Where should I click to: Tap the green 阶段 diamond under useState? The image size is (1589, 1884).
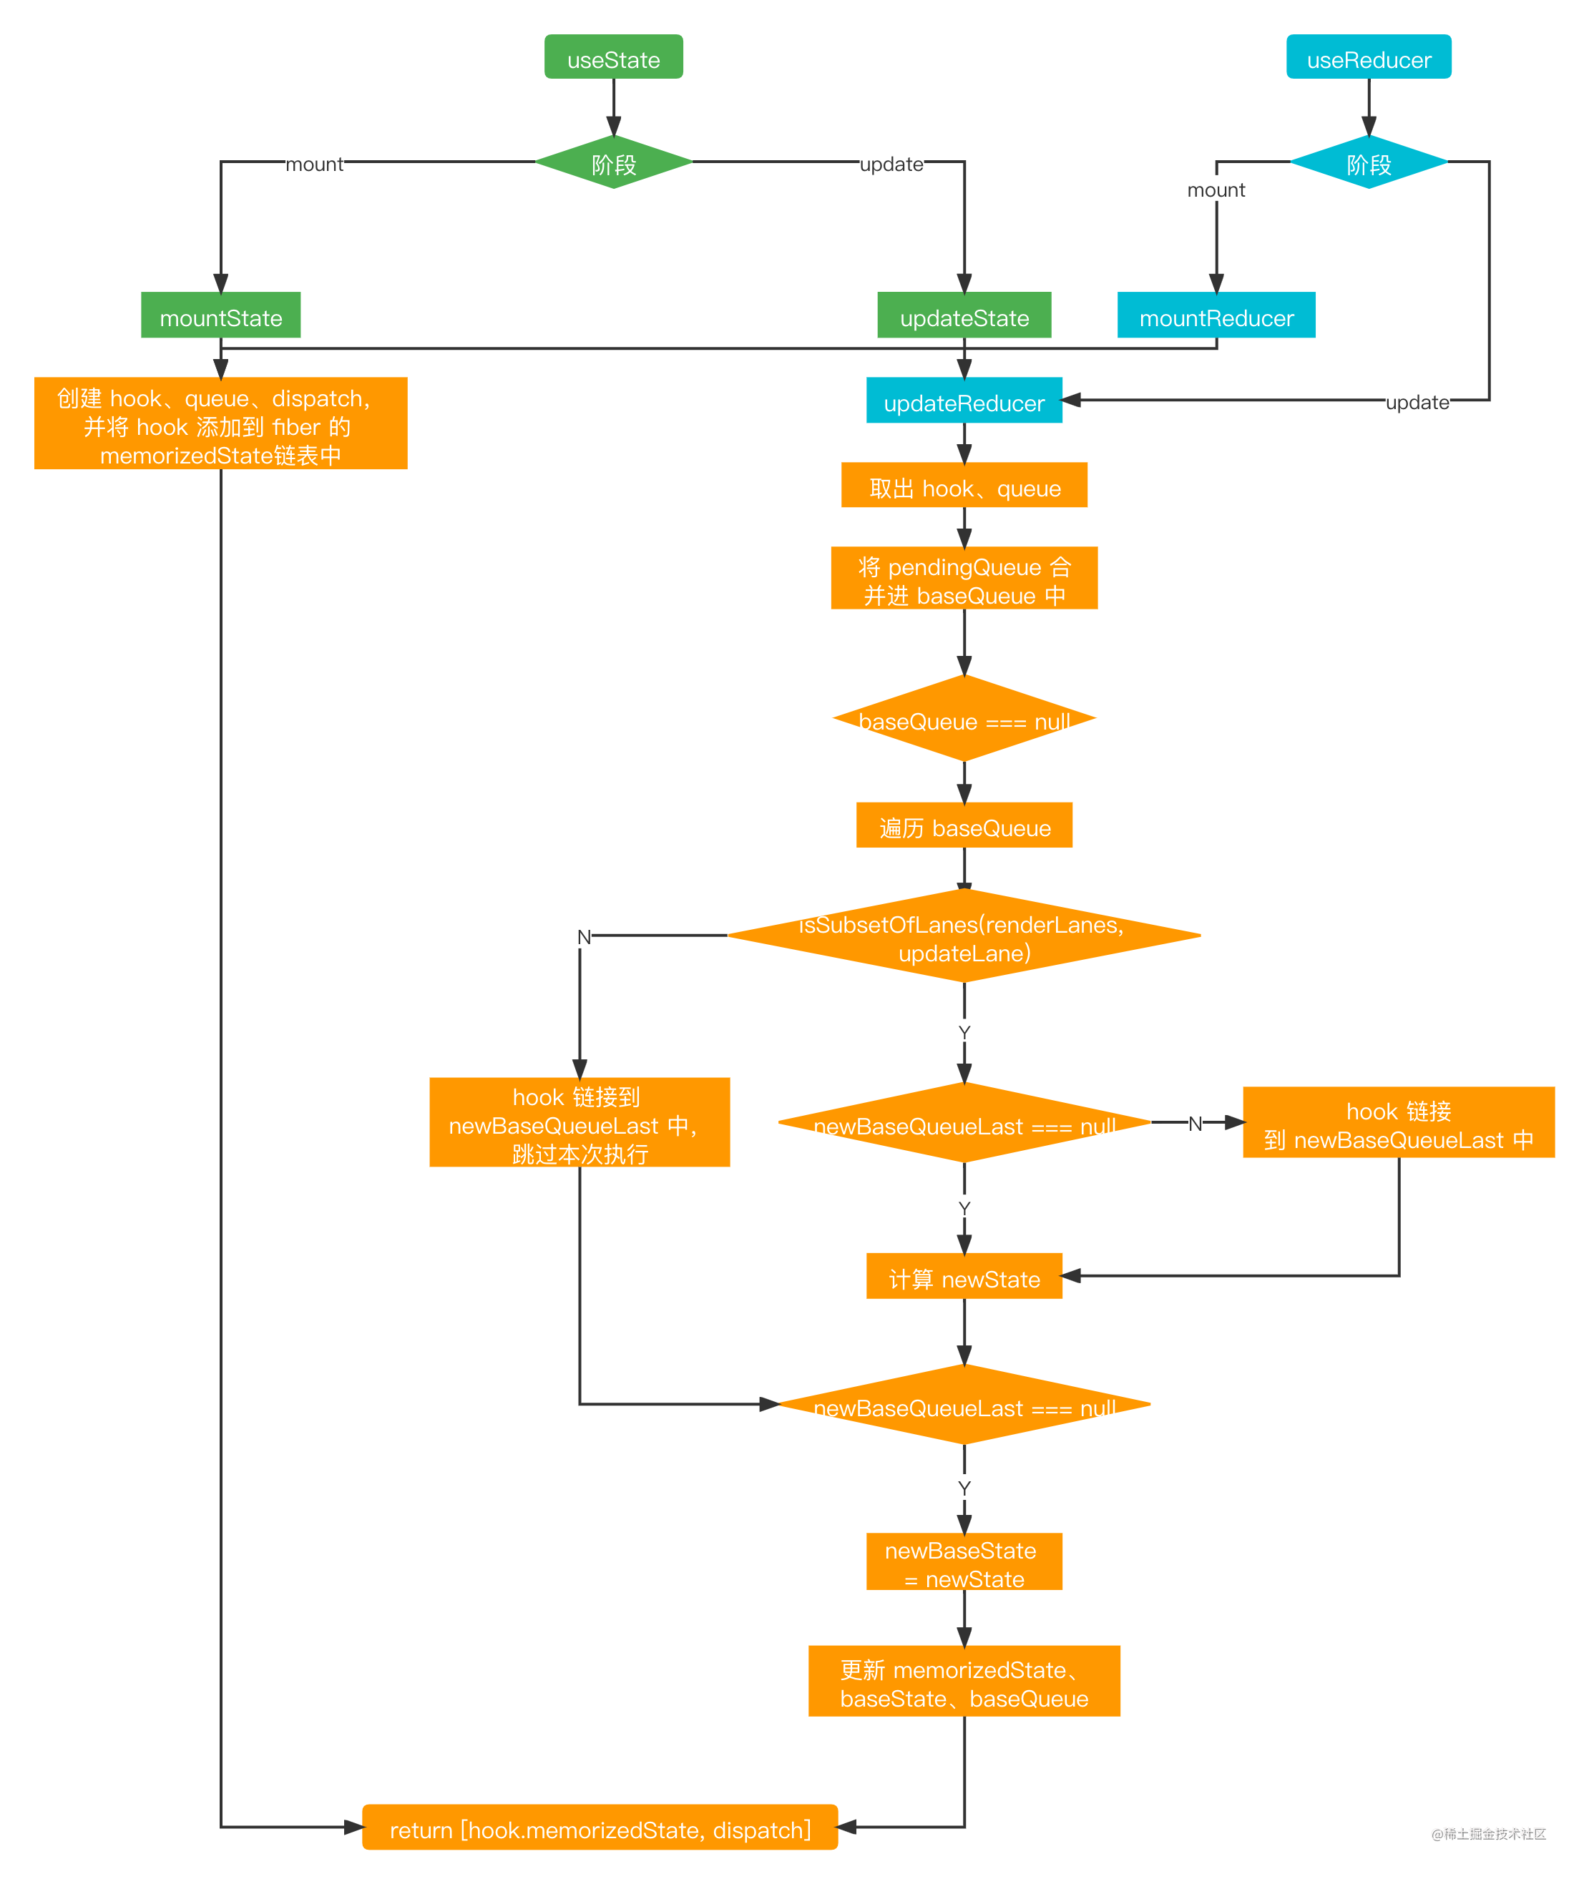pos(613,163)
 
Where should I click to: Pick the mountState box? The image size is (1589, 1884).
pos(220,315)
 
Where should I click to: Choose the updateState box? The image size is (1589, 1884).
pos(963,315)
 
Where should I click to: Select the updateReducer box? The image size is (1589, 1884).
pos(963,401)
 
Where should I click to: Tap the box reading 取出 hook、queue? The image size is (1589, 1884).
pos(963,486)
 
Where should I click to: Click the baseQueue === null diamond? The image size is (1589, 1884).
pos(963,720)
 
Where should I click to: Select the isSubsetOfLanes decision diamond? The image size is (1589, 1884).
pos(963,936)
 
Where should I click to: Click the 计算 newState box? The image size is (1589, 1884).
pos(963,1277)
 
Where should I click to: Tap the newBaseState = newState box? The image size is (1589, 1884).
pos(963,1563)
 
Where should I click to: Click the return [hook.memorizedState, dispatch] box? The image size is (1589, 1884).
pos(600,1828)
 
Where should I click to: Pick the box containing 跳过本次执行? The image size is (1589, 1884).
pos(580,1123)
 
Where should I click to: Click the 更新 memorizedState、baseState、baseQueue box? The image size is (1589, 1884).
pos(963,1682)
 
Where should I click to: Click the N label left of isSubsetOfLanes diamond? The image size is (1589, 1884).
pos(584,938)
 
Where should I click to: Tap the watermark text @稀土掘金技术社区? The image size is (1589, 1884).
pos(1488,1833)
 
